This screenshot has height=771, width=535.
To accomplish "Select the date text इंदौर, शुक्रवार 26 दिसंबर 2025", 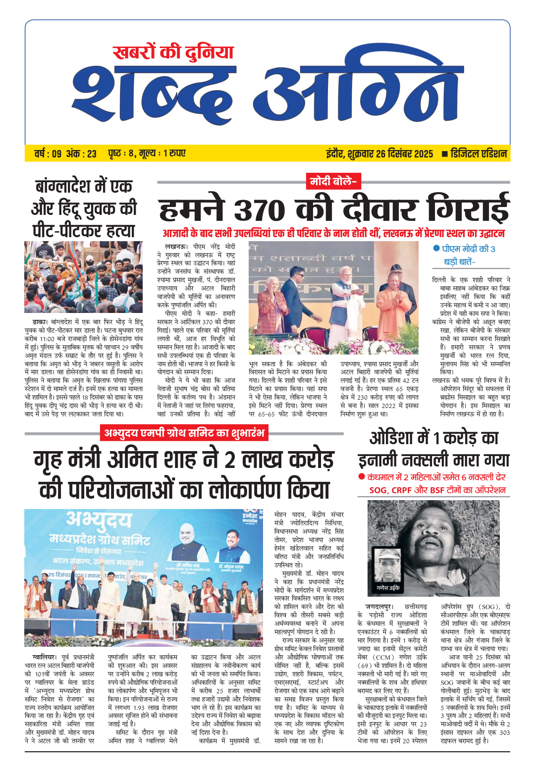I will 379,154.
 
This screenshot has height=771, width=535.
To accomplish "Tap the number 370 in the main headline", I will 260,210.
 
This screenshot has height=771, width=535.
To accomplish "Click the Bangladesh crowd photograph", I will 83,277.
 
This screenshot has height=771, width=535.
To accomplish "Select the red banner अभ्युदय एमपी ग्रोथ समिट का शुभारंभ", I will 185,433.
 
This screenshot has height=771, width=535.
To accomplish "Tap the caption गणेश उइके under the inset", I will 388,588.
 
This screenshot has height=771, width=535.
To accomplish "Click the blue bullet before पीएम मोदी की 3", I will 436,249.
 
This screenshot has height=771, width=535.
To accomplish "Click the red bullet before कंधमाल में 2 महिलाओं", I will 362,477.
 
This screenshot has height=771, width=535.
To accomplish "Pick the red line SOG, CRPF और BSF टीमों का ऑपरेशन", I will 437,490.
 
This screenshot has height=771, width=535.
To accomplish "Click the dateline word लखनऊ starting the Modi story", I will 176,247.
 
